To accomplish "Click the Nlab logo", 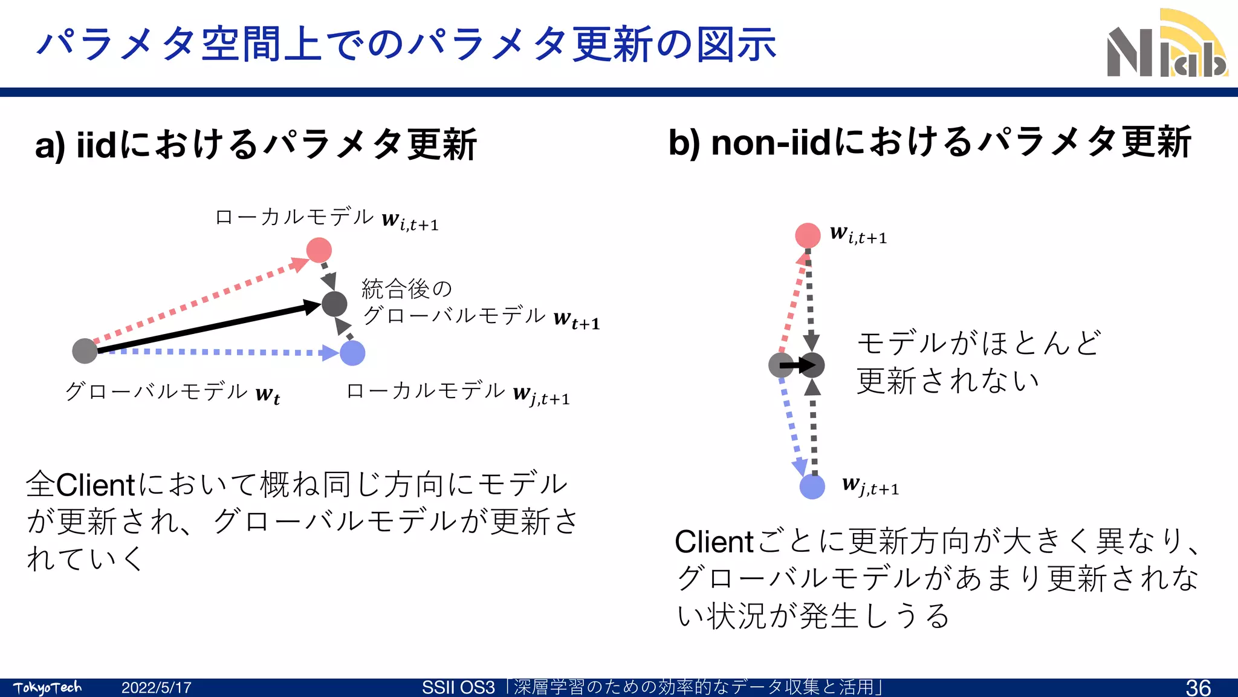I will [x=1167, y=45].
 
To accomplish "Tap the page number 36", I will [x=1198, y=687].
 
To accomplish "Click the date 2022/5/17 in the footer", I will [x=156, y=688].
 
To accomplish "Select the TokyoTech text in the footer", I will [x=47, y=688].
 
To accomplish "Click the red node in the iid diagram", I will [x=319, y=250].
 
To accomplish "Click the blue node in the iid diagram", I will [x=352, y=353].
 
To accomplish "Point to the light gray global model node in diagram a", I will [x=85, y=351].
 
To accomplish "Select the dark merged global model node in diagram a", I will [x=334, y=304].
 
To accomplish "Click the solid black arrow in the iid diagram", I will [x=206, y=327].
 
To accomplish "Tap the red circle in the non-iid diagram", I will [x=808, y=235].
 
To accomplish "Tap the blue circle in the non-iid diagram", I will [x=812, y=486].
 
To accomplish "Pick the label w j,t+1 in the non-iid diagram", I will [x=870, y=486].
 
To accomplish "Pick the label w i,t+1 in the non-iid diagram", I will [x=858, y=235].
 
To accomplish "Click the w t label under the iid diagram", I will [x=267, y=395].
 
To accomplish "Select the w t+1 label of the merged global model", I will [x=576, y=319].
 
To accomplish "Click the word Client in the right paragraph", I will [x=714, y=542].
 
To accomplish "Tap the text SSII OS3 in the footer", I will [x=458, y=688].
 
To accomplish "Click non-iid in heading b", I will [x=771, y=143].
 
